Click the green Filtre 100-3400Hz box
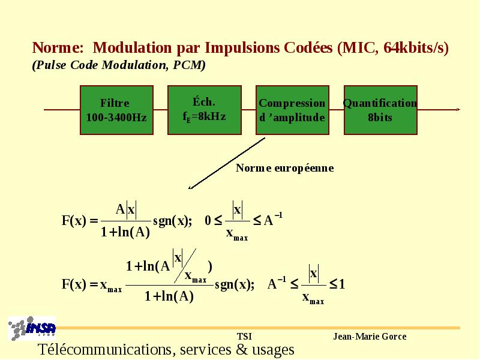click(x=116, y=110)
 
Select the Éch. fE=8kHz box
click(x=205, y=110)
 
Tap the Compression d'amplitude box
click(x=292, y=110)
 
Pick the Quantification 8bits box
click(x=380, y=110)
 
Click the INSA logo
click(x=32, y=328)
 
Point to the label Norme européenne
click(x=284, y=168)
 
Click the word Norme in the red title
click(x=58, y=48)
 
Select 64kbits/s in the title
click(x=414, y=48)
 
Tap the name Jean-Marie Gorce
click(x=370, y=337)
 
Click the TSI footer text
click(x=244, y=337)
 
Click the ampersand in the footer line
click(x=242, y=350)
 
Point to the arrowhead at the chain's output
click(x=458, y=109)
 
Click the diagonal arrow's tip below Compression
click(x=189, y=188)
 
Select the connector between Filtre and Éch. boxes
click(x=160, y=109)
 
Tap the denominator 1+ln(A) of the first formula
click(x=125, y=232)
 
